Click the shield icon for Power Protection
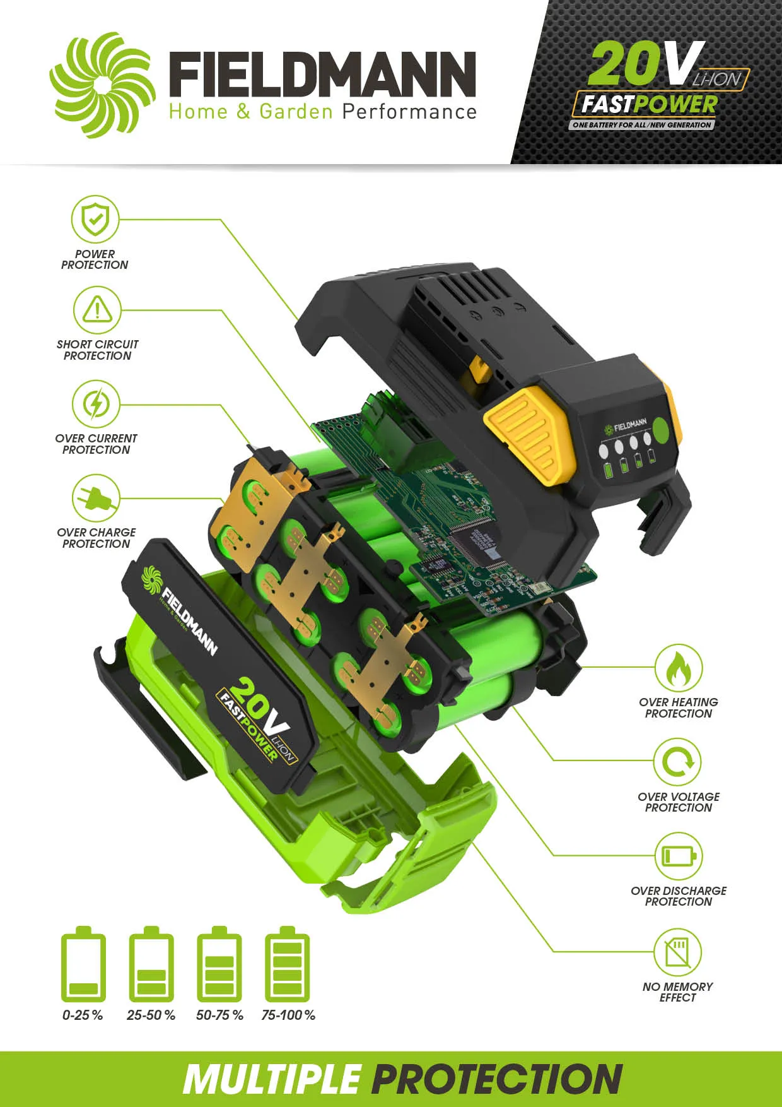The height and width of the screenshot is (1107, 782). pos(95,219)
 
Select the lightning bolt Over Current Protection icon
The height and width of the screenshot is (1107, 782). pos(96,404)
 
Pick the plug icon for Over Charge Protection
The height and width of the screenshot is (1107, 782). pos(96,498)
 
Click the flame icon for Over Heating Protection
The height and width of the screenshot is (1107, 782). pos(678,668)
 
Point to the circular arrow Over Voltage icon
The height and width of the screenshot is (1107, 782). pos(678,762)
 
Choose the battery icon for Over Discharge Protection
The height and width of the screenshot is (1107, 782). pos(678,856)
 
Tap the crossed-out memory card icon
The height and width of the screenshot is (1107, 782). pos(678,952)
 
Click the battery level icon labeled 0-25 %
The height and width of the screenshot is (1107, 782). pos(83,964)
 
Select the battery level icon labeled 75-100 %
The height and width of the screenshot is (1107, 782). pos(288,964)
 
